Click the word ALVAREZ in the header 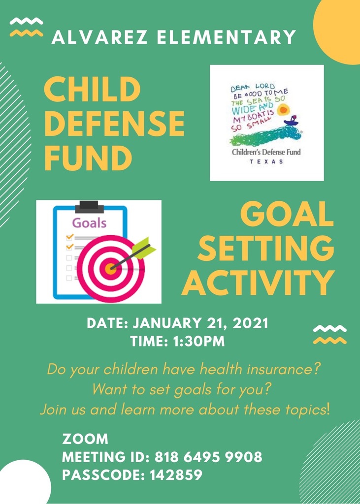pos(99,37)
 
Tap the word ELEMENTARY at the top pos(227,37)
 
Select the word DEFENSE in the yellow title pos(114,124)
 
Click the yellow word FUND pos(88,158)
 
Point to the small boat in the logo pos(291,121)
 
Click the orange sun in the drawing pos(283,110)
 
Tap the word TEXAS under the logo pos(266,161)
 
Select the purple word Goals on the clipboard pos(89,223)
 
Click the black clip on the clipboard pos(89,207)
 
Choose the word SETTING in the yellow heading pos(266,249)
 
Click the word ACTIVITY pos(258,283)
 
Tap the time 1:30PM pos(198,342)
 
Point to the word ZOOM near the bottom pos(85,439)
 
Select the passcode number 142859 pos(176,475)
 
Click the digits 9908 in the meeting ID pos(244,457)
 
